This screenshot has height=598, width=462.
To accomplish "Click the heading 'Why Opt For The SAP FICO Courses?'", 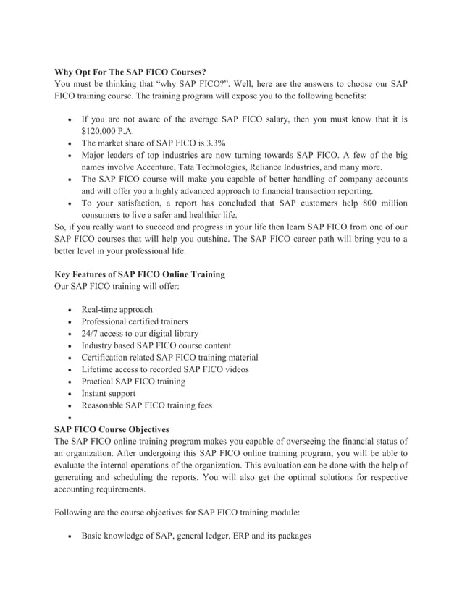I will coord(130,72).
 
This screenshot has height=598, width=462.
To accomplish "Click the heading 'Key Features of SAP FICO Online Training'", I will coord(140,274).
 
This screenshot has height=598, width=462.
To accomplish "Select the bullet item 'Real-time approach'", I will coord(117,310).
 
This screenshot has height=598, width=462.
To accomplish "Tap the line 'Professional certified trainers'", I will coord(135,321).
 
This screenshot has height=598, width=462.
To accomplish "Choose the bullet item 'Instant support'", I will coord(109,393).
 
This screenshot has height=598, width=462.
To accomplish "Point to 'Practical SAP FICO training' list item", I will coord(133,382).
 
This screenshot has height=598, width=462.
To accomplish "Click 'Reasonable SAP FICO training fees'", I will coord(146,405).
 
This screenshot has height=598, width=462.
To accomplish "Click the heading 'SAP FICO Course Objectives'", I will coord(112,429).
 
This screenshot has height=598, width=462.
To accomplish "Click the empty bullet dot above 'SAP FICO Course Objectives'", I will coord(69,418).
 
